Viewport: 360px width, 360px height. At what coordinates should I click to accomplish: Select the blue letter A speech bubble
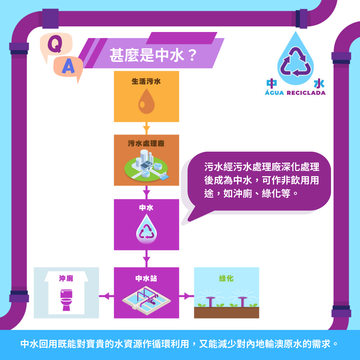(69, 67)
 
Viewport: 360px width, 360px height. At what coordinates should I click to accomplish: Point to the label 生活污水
(146, 81)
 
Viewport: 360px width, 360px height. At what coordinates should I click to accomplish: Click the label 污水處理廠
(146, 144)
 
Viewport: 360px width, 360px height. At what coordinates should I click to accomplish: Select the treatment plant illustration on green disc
(147, 165)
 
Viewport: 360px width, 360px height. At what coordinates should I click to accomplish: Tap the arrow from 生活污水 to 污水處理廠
(146, 128)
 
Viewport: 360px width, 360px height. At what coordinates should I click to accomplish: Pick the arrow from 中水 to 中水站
(146, 259)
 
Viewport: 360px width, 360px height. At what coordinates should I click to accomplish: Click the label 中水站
(146, 278)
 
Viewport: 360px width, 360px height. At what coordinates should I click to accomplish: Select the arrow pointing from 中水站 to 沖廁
(106, 295)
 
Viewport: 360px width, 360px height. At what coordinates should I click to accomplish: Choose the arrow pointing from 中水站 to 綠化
(187, 295)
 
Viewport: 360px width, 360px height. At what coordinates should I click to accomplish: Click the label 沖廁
(66, 278)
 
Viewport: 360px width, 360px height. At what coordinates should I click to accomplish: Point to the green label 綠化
(226, 278)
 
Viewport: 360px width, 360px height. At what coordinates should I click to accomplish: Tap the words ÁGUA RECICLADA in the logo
(295, 93)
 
